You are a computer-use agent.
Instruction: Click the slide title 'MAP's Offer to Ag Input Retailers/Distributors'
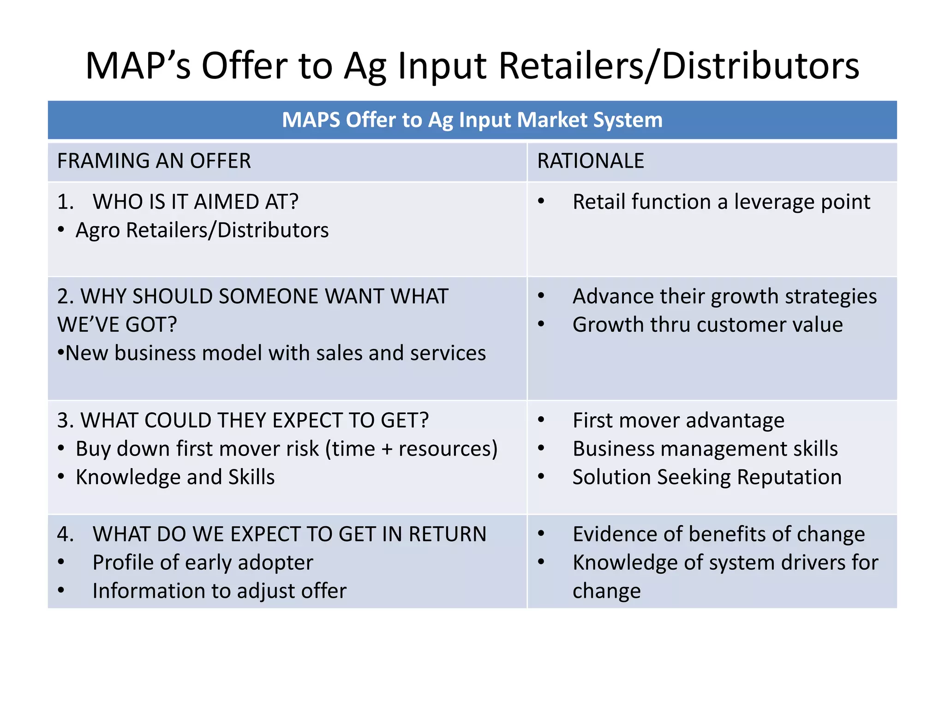click(x=472, y=66)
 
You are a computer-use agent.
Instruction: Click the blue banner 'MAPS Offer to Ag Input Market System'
click(x=472, y=120)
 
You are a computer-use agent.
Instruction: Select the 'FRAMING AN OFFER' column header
click(x=154, y=161)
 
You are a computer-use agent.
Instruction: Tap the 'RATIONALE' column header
click(x=591, y=161)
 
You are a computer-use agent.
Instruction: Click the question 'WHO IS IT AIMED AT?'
click(x=196, y=202)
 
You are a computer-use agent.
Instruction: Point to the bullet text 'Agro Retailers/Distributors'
click(x=202, y=230)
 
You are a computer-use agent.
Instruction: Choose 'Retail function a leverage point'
click(x=721, y=202)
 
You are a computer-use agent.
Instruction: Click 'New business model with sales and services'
click(x=275, y=353)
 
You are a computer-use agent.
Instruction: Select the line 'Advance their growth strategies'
click(x=724, y=296)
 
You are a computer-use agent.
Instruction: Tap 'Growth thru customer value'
click(x=707, y=324)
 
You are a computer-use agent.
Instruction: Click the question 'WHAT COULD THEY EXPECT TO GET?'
click(x=243, y=421)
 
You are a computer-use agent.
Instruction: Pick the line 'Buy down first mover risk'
click(x=287, y=449)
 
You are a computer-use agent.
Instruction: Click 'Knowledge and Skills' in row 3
click(x=175, y=477)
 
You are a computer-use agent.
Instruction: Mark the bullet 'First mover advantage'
click(x=678, y=421)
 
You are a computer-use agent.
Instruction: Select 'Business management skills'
click(x=705, y=449)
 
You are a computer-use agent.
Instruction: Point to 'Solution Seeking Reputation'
click(x=707, y=477)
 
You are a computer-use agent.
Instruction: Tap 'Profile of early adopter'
click(x=203, y=563)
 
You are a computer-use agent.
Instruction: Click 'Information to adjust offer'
click(x=219, y=591)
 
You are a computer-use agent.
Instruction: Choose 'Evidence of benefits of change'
click(x=718, y=534)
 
